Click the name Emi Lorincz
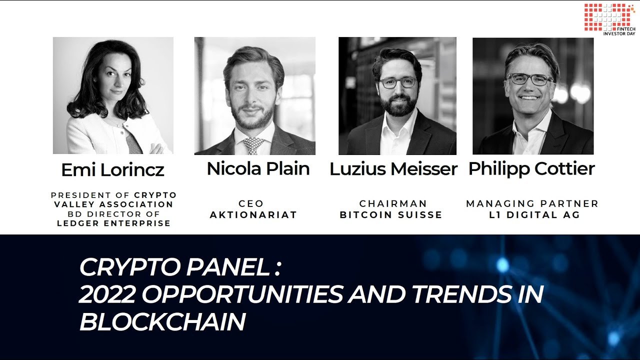click(113, 169)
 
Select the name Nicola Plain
click(258, 168)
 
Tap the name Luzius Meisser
click(393, 168)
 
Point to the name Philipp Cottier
click(531, 169)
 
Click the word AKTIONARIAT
click(253, 215)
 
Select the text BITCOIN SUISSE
click(391, 215)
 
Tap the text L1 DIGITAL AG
click(534, 215)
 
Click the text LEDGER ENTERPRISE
click(113, 223)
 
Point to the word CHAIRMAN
click(393, 203)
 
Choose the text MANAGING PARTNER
click(532, 203)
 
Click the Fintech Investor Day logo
click(609, 19)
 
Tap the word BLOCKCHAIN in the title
click(162, 321)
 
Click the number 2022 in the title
click(107, 294)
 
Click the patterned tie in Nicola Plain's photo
click(253, 145)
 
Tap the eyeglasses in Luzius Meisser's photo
click(398, 82)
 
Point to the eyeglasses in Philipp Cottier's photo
click(529, 79)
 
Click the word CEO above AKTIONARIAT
click(251, 203)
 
